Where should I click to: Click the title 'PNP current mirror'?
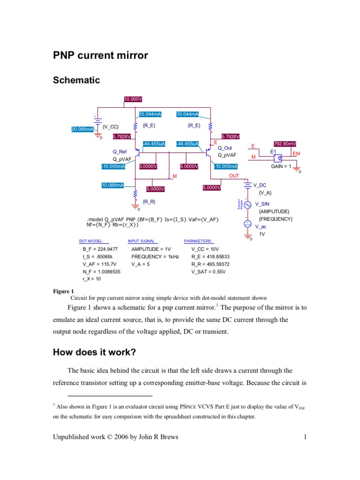coord(100,56)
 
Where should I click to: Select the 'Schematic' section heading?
coord(76,80)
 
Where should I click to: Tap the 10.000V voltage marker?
coord(133,99)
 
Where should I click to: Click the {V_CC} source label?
coord(111,127)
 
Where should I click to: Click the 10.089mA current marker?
coord(113,185)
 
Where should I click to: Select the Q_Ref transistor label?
coord(120,151)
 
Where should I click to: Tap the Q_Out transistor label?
coord(225,148)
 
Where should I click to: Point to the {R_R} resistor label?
coord(149,202)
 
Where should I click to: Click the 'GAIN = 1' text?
coord(281,166)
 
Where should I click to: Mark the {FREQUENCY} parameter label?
coord(276,219)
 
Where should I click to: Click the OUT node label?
coord(234,176)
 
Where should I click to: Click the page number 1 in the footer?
coord(305,438)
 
